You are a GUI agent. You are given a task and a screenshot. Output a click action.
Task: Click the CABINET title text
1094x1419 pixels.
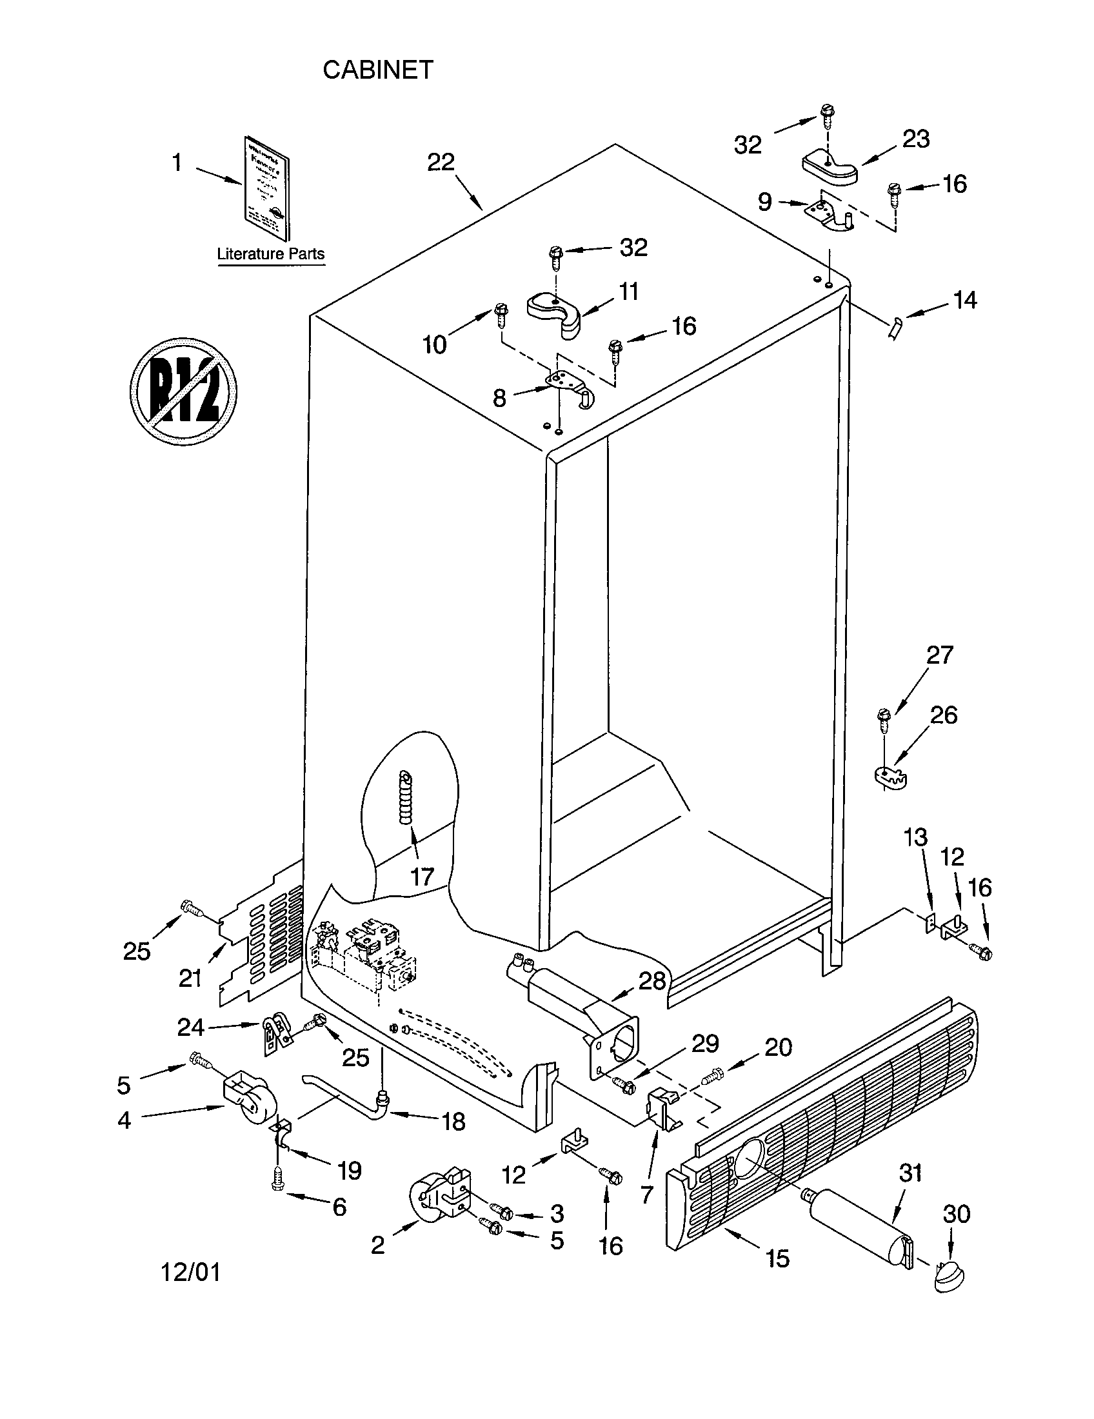point(377,70)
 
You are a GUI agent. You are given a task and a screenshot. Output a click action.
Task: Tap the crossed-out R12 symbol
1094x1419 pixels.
point(183,391)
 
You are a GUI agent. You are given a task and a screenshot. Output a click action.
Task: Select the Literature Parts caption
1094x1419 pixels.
point(270,254)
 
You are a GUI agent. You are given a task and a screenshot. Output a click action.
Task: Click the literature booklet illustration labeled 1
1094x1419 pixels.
point(267,187)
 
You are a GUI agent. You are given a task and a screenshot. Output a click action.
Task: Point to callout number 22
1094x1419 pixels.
point(440,162)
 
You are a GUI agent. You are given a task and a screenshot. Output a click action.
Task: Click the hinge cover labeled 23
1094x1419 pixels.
point(830,166)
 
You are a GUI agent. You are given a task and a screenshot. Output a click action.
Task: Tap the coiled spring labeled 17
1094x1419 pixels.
point(406,798)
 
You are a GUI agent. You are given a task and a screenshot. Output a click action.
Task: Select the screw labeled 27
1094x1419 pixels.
point(883,719)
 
